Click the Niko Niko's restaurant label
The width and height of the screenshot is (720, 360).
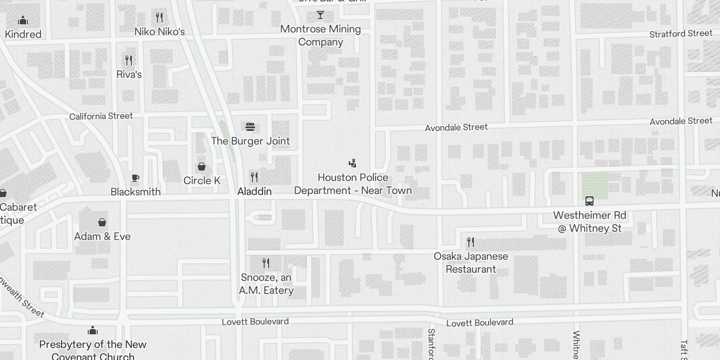point(160,32)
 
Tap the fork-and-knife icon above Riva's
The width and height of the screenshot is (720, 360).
point(129,60)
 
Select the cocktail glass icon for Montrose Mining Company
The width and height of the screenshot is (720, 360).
point(320,15)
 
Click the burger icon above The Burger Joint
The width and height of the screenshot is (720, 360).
point(251,127)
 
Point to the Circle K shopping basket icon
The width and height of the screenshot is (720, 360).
point(202,167)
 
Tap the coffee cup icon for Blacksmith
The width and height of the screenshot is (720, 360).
point(135,178)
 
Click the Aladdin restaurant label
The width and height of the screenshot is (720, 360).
point(255,192)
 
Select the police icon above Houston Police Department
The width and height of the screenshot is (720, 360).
point(353,163)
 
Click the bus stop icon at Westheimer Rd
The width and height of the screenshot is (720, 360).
point(589,201)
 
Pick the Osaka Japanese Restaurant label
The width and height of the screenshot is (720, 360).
point(471,263)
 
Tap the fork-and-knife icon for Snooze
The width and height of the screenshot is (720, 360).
point(266,263)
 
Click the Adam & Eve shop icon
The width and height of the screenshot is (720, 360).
point(102,222)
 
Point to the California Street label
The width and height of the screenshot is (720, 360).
point(101,116)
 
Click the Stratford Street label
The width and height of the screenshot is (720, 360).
point(681,34)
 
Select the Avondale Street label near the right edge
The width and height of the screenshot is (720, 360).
point(681,121)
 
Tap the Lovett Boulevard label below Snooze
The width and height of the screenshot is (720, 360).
point(255,322)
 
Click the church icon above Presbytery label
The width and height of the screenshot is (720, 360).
point(93,331)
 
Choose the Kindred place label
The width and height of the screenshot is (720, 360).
point(23,34)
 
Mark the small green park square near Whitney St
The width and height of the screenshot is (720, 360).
point(594,186)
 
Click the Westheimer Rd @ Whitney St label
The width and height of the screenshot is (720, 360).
point(589,222)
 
